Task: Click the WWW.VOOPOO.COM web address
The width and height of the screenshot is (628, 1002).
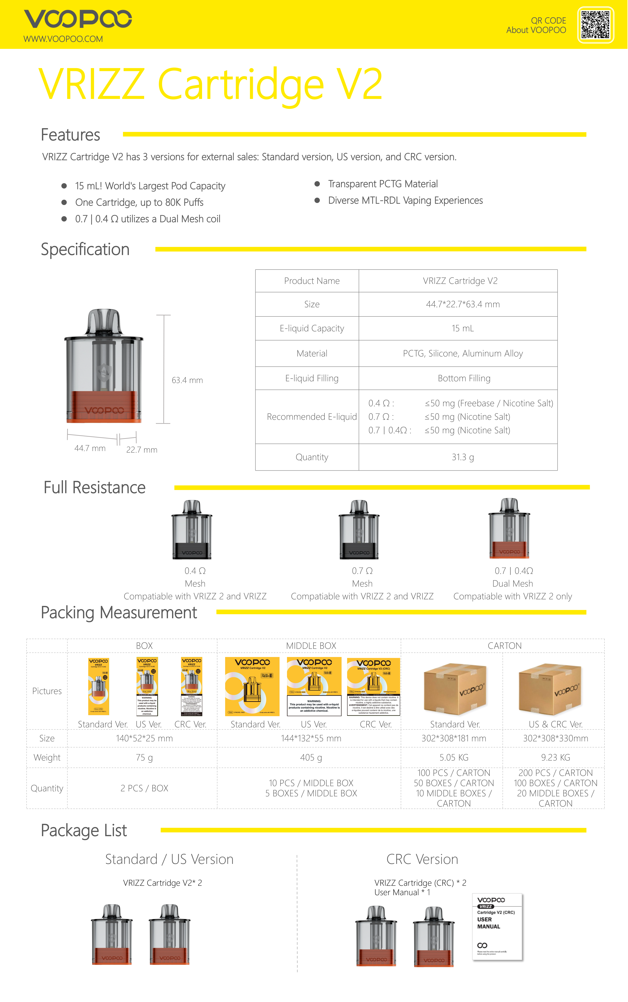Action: (x=63, y=39)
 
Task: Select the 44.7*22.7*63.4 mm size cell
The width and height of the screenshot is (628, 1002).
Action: (x=463, y=304)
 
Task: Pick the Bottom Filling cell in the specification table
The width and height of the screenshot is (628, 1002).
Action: (x=464, y=378)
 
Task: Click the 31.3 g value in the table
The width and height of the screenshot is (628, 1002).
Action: (x=463, y=457)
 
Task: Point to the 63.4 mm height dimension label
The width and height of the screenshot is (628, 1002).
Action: (x=187, y=380)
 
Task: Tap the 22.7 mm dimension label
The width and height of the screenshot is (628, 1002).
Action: (x=142, y=450)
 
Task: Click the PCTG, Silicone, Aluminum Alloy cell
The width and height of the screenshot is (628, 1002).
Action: (x=463, y=353)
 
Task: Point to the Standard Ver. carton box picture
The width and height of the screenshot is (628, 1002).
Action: (x=455, y=688)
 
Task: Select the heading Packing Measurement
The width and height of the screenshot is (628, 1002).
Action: (x=119, y=613)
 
